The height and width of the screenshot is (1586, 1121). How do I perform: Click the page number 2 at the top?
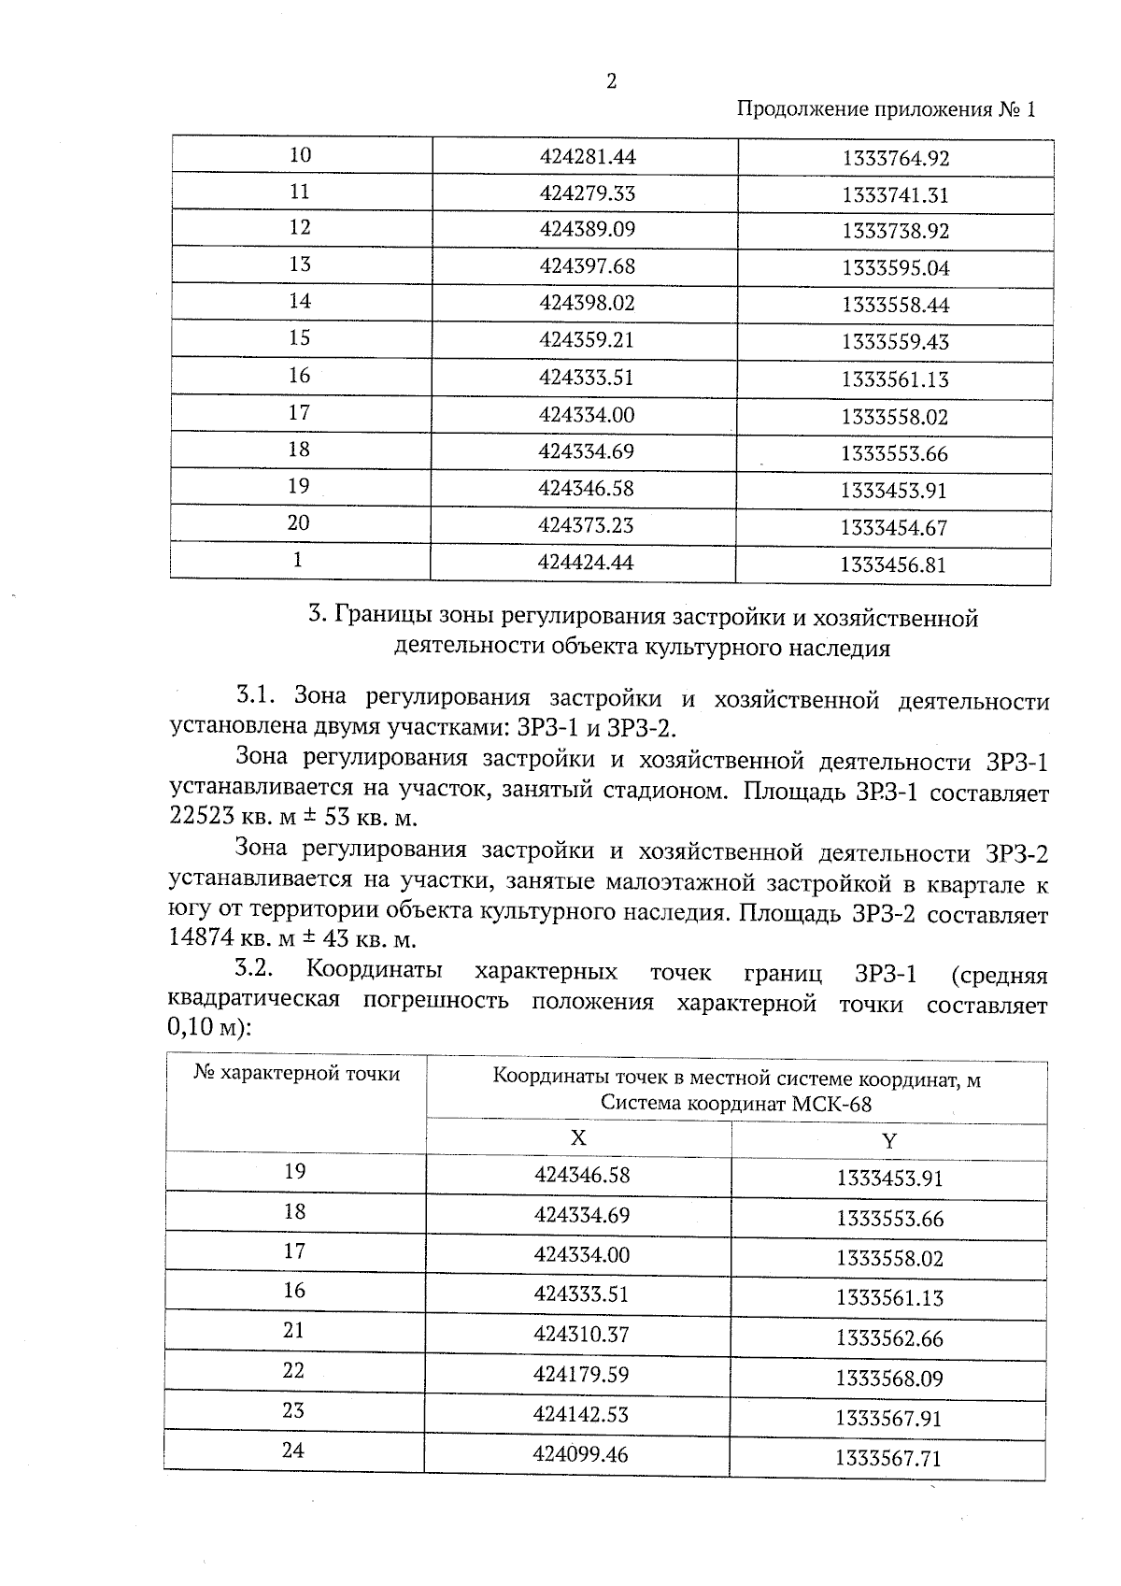click(612, 81)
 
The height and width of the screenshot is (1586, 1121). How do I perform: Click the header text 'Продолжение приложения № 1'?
click(887, 109)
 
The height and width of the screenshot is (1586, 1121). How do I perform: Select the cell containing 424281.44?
click(587, 156)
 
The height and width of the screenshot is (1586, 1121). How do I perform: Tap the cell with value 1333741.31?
click(895, 195)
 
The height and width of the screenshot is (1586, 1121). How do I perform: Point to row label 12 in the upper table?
click(300, 228)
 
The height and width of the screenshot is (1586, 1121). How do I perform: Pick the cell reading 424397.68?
click(587, 266)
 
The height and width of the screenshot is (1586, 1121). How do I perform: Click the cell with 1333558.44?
click(895, 305)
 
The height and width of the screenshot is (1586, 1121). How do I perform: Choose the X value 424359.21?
click(586, 340)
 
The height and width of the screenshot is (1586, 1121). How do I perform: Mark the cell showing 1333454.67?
click(893, 528)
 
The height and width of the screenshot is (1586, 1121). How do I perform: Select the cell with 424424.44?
click(586, 562)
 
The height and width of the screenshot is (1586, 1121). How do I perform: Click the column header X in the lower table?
click(578, 1137)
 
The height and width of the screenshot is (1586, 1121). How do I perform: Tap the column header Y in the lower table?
click(888, 1141)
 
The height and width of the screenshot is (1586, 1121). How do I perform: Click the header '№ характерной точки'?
click(296, 1074)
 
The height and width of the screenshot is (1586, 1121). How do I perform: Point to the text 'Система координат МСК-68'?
click(736, 1104)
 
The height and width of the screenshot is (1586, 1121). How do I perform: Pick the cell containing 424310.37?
click(581, 1335)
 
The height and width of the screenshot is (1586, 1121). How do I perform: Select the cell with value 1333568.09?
click(889, 1379)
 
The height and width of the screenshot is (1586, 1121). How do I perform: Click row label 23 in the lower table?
click(294, 1410)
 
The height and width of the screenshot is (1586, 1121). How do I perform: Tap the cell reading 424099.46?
click(580, 1455)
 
